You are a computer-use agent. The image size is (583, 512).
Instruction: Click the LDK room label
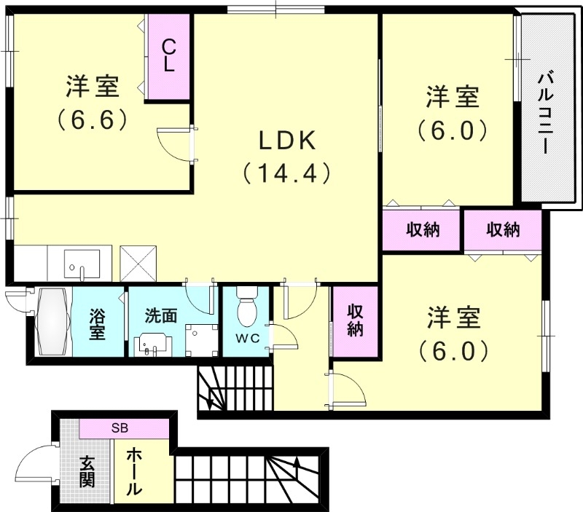point(285,138)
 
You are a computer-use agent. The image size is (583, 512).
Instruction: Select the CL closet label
point(168,55)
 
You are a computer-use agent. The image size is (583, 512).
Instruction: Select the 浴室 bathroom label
point(98,325)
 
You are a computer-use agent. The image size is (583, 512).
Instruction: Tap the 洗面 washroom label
point(160,316)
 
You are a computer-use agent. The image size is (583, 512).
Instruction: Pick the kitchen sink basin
point(82,263)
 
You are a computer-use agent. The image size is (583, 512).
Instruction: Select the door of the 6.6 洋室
point(175,143)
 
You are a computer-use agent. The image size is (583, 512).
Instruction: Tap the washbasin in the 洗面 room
point(154,343)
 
